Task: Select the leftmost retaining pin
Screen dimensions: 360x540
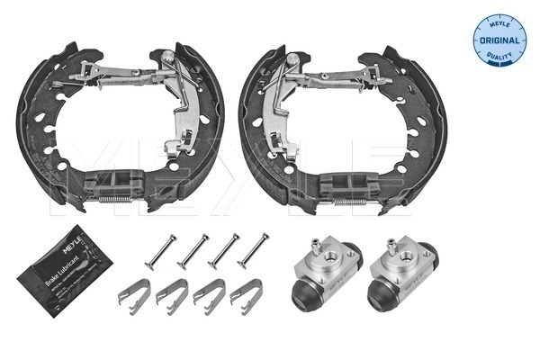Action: (x=158, y=250)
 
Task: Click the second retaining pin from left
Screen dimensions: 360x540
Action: (x=193, y=250)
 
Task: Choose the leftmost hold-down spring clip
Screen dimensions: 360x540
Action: (x=135, y=293)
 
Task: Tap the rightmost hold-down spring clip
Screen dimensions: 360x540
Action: (x=245, y=293)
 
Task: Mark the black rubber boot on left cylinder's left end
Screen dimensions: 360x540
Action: (x=298, y=289)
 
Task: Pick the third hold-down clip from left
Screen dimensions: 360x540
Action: (x=209, y=293)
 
